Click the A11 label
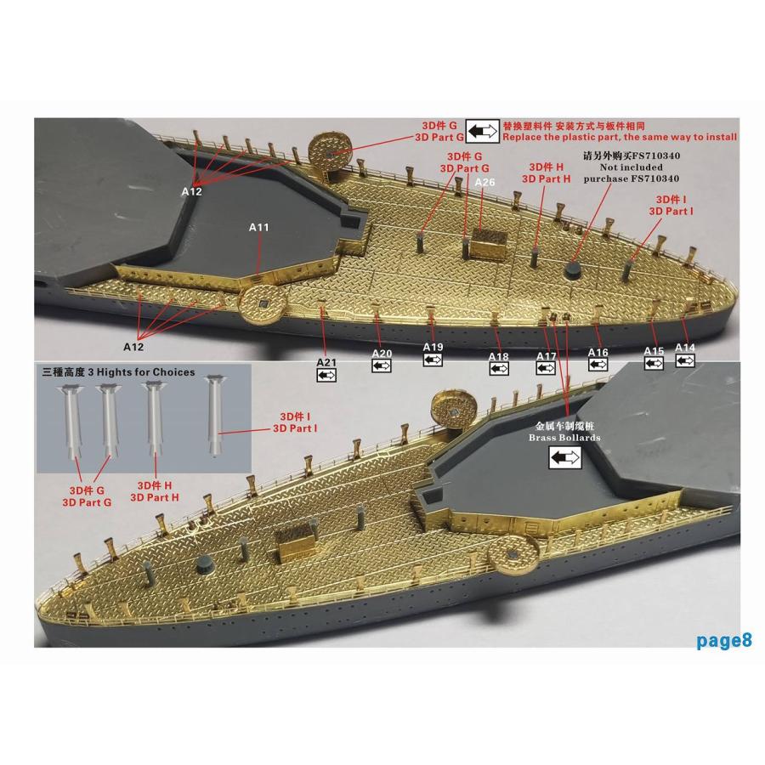coord(258,227)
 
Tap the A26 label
coord(484,182)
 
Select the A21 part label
coord(326,362)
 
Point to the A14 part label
coord(685,348)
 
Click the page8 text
coord(724,640)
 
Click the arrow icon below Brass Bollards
coord(565,457)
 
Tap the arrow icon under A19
coord(433,360)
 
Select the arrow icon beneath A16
coord(598,365)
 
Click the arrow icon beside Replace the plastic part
coord(482,131)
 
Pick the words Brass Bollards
coord(564,438)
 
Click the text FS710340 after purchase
coord(654,178)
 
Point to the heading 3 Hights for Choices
coord(141,372)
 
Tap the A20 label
coord(382,354)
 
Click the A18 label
coord(499,357)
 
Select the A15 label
coord(654,351)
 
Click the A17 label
coord(547,356)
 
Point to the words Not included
coord(632,167)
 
